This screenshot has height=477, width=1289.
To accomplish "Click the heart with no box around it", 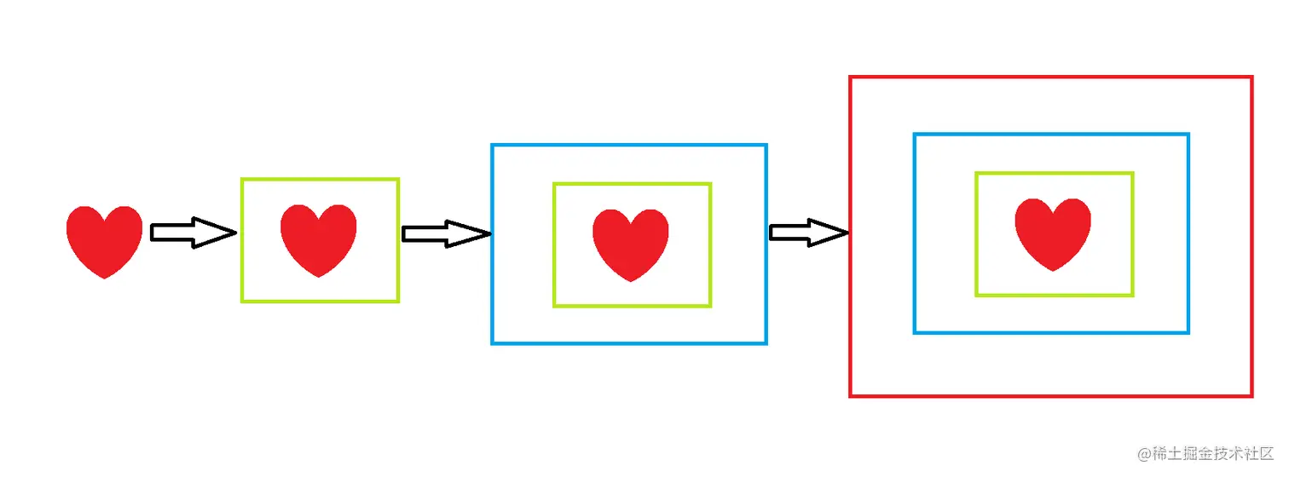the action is click(x=104, y=240).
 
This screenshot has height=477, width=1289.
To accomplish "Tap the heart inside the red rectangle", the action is click(x=1053, y=233).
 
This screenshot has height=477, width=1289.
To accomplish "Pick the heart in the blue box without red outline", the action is click(x=631, y=244).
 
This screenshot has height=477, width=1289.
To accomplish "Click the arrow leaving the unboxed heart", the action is click(x=193, y=233).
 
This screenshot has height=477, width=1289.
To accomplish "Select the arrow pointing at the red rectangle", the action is click(x=808, y=233).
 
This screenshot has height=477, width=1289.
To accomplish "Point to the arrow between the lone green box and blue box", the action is click(x=445, y=233).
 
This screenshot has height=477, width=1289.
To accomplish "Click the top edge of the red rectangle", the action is click(x=1050, y=78).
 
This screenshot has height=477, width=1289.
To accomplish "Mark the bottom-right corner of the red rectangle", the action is click(x=1251, y=395).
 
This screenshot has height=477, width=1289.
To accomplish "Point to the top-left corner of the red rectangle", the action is click(x=851, y=78).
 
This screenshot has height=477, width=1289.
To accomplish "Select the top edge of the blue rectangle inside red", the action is click(x=1050, y=135).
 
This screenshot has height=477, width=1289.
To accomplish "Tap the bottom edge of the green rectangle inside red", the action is click(x=1054, y=295).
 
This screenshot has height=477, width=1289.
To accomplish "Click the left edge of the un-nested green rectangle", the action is click(x=243, y=240).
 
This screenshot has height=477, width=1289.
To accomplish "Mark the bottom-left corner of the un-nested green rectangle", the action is click(x=243, y=301).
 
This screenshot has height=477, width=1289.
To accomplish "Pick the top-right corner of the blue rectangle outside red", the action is click(x=766, y=146).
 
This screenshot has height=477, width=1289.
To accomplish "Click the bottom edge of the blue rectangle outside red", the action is click(x=629, y=343).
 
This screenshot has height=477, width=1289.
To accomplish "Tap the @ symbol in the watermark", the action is click(x=1146, y=454).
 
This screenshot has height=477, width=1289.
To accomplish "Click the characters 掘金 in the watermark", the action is click(x=1197, y=454).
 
